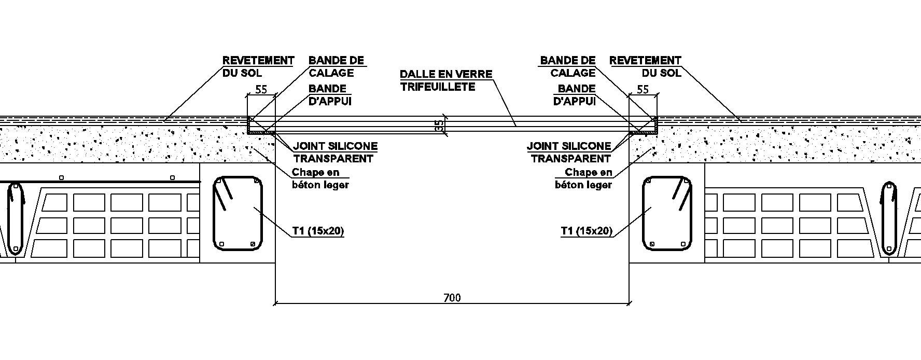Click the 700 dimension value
tap(452, 298)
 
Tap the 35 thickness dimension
tap(439, 125)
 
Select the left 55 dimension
tap(261, 90)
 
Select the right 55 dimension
tap(643, 90)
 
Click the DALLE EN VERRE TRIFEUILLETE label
tap(446, 80)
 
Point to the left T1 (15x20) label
tap(318, 231)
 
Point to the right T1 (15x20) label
tap(587, 231)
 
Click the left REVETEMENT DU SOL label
tap(258, 66)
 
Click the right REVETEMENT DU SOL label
tap(645, 66)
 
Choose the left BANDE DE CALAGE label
tap(337, 66)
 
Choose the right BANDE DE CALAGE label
tap(568, 66)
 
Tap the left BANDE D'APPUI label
tap(330, 95)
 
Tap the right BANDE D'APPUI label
tap(575, 95)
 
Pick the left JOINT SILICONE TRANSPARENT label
tap(336, 153)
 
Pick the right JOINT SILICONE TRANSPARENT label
tap(569, 153)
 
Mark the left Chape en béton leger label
tap(320, 178)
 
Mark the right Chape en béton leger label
tap(583, 178)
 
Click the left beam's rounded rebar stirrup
tap(214, 213)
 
